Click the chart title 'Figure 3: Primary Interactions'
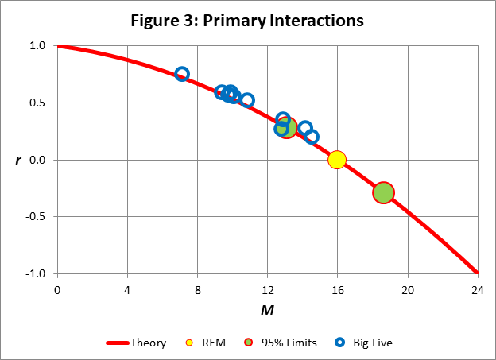[247, 20]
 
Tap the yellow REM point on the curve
[337, 160]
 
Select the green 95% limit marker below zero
[384, 192]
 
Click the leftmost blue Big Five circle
[182, 74]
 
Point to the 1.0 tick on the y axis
[37, 46]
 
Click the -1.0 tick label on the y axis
[36, 273]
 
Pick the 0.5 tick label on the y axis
[37, 103]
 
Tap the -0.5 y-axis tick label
[36, 217]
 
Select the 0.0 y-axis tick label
[37, 160]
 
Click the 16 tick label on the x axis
[337, 288]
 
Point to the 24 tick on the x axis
[478, 288]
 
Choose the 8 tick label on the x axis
[197, 288]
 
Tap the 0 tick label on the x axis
[56, 288]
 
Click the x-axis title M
[268, 308]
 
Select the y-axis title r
[17, 161]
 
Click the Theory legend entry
[137, 343]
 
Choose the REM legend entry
[204, 343]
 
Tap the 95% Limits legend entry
[281, 343]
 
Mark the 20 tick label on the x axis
[408, 288]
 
